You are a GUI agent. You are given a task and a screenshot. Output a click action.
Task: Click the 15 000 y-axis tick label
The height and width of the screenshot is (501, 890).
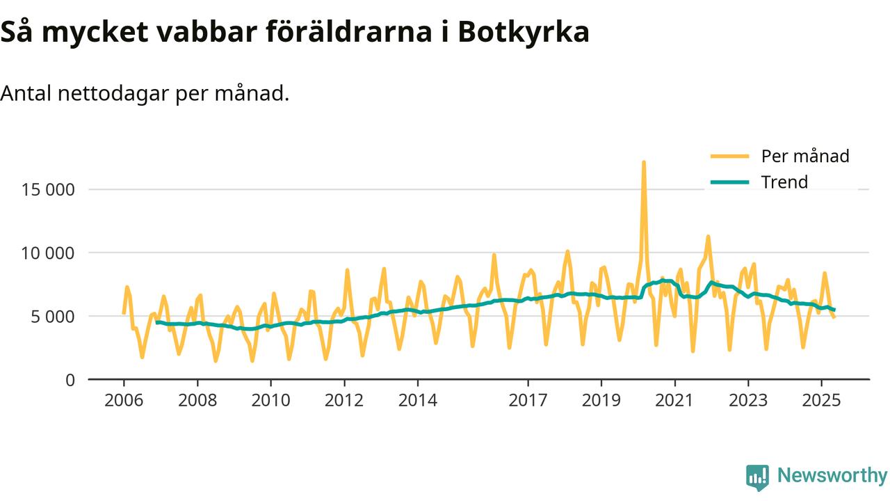tap(45, 189)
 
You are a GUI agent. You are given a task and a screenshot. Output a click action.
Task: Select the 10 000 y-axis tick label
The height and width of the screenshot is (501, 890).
tap(45, 253)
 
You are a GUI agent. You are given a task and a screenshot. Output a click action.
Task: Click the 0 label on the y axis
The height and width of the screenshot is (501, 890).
tap(70, 380)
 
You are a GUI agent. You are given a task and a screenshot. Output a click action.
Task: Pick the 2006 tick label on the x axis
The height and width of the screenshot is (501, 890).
tap(124, 401)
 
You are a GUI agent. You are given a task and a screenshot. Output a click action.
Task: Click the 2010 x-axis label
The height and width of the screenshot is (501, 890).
tap(270, 401)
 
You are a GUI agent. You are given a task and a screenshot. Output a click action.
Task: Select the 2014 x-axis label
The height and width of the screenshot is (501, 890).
tap(417, 401)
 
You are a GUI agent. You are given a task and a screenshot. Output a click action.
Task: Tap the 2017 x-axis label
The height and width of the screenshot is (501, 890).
tap(528, 401)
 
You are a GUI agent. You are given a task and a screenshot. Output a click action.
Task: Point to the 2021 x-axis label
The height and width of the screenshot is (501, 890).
tap(674, 401)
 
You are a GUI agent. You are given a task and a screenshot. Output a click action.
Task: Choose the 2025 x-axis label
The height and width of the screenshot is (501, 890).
tap(821, 401)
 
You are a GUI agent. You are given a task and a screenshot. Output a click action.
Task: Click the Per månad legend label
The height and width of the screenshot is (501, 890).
tap(805, 156)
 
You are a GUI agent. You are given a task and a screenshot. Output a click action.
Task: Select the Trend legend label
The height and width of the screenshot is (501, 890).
tap(784, 182)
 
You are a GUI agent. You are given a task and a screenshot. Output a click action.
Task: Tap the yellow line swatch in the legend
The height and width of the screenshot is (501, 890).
tap(729, 156)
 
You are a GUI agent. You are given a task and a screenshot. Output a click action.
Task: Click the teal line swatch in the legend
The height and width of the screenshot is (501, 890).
tap(729, 182)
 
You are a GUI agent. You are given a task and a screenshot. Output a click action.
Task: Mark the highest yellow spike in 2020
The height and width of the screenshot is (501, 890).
tap(644, 163)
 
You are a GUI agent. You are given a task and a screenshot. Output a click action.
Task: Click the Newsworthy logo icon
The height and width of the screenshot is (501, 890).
tap(757, 477)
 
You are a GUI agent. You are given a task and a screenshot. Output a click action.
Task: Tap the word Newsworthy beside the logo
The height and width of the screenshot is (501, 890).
tap(832, 476)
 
